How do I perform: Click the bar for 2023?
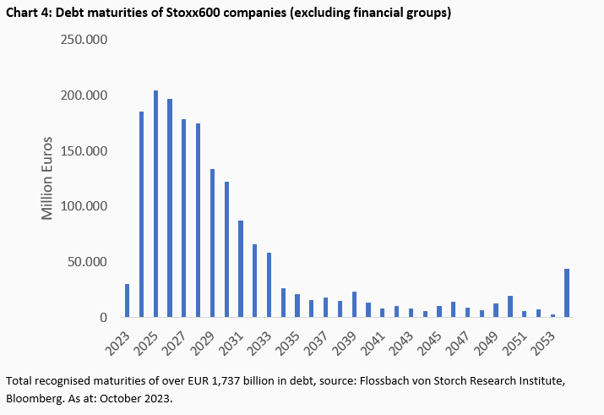128,301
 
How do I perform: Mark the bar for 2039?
354,304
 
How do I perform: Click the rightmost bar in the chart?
566,293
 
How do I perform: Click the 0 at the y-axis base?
103,318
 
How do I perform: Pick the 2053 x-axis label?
541,340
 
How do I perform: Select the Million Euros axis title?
48,177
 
